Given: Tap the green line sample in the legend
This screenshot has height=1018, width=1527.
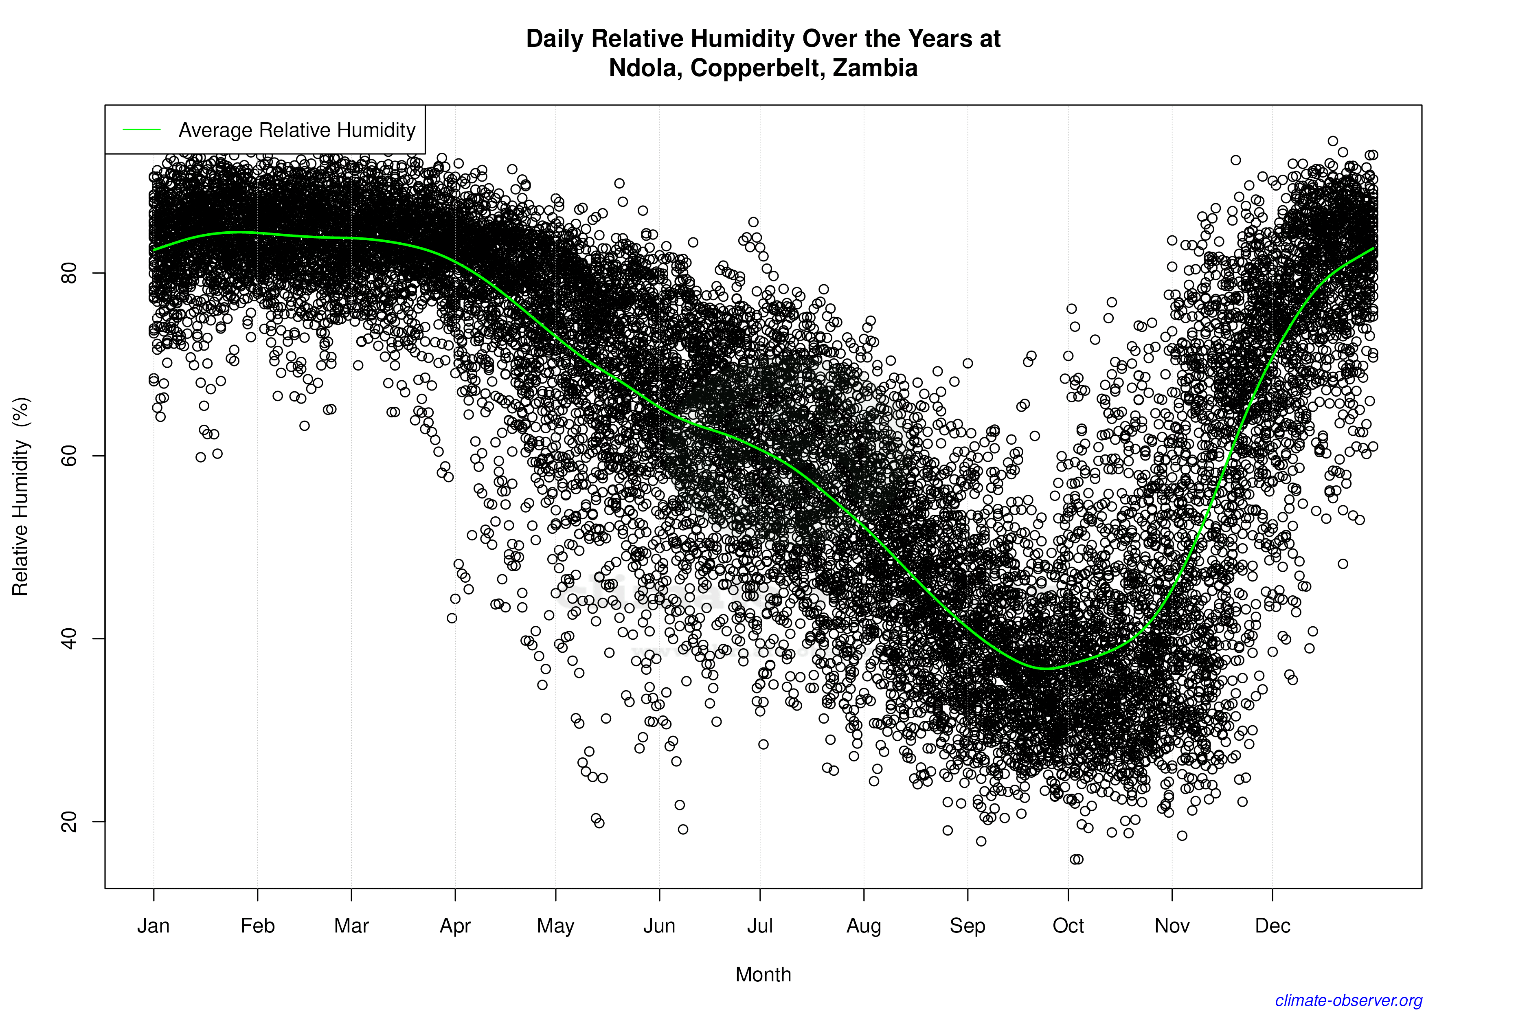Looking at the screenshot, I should click(142, 130).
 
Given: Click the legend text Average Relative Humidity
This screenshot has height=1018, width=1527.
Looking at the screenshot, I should click(297, 130).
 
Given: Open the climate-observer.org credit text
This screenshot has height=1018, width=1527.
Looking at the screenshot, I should click(1349, 1000).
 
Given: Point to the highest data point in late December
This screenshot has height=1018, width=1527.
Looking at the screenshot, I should click(1333, 141).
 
